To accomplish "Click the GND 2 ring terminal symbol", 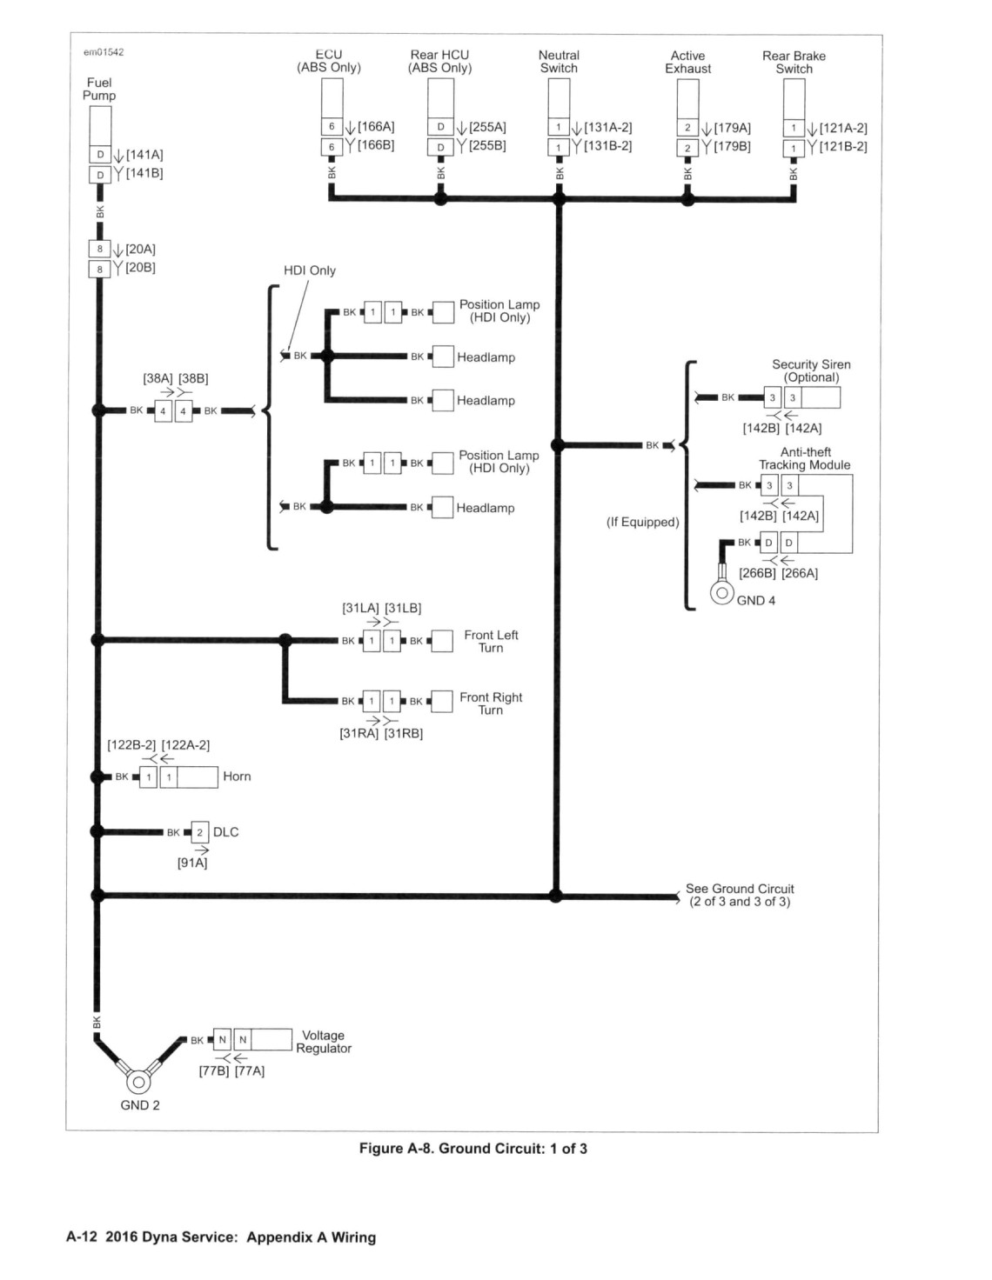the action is tap(139, 1082).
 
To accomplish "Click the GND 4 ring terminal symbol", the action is tap(721, 592).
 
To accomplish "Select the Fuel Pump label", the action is tap(99, 89).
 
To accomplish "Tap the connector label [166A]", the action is tap(376, 127).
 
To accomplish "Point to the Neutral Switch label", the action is tap(559, 62).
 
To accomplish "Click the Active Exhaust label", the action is tap(687, 63).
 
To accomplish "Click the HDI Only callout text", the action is tap(310, 270).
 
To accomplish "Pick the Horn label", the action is tap(237, 777).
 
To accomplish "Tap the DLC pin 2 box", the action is tap(200, 832).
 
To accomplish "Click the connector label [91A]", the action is tap(192, 863).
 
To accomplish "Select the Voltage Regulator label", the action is tap(324, 1042).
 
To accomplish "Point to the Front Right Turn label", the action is tap(491, 703).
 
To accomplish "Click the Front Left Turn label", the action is tap(491, 642).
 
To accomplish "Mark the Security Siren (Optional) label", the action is tap(811, 371).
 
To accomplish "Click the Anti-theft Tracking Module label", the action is tap(805, 458).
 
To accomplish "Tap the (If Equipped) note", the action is tap(643, 522).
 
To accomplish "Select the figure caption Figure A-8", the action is tap(473, 1148).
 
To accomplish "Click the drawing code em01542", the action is tap(104, 52).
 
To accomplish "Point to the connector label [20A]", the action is tap(140, 250).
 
